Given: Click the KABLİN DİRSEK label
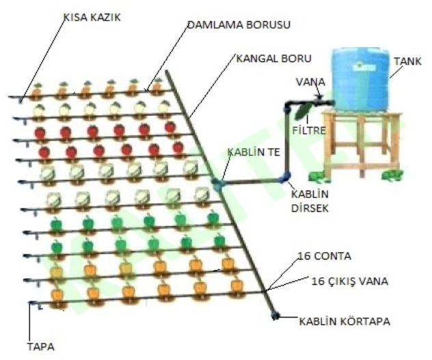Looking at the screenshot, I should [307, 201].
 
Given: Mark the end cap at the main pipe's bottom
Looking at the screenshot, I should [275, 316].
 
